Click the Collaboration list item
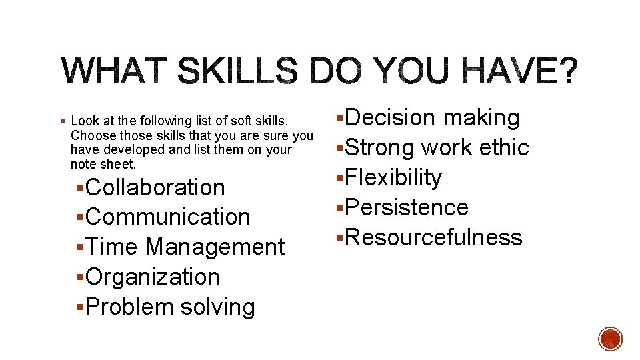click(x=155, y=187)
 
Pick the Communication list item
click(x=168, y=217)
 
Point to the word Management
click(x=215, y=247)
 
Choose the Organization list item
click(x=153, y=277)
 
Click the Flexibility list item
click(x=393, y=178)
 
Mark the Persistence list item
click(x=407, y=208)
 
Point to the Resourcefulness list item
click(x=433, y=238)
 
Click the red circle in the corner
click(x=610, y=339)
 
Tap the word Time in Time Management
click(x=113, y=247)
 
